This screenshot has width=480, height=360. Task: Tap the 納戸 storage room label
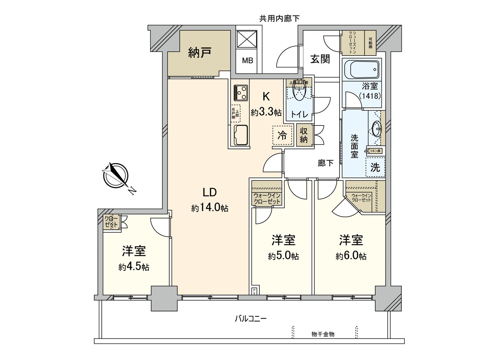[200, 53]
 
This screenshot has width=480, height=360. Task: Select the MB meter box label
[247, 61]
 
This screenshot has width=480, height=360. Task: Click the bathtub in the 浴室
[361, 69]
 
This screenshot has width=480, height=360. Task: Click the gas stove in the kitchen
[241, 93]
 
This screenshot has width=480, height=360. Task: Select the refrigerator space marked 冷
[282, 136]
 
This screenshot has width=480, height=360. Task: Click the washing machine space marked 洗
[375, 167]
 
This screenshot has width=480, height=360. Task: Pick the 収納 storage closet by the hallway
[304, 136]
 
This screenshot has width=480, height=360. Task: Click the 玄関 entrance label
[320, 59]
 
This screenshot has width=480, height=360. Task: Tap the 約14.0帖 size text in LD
[210, 208]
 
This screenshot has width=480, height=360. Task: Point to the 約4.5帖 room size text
[134, 267]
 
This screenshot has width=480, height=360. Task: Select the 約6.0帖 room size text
[351, 256]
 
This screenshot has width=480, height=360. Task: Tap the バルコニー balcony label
[250, 319]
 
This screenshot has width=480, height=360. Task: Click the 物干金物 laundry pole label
[323, 334]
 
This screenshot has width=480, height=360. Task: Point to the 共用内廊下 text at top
[279, 19]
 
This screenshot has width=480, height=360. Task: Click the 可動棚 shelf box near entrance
[370, 43]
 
